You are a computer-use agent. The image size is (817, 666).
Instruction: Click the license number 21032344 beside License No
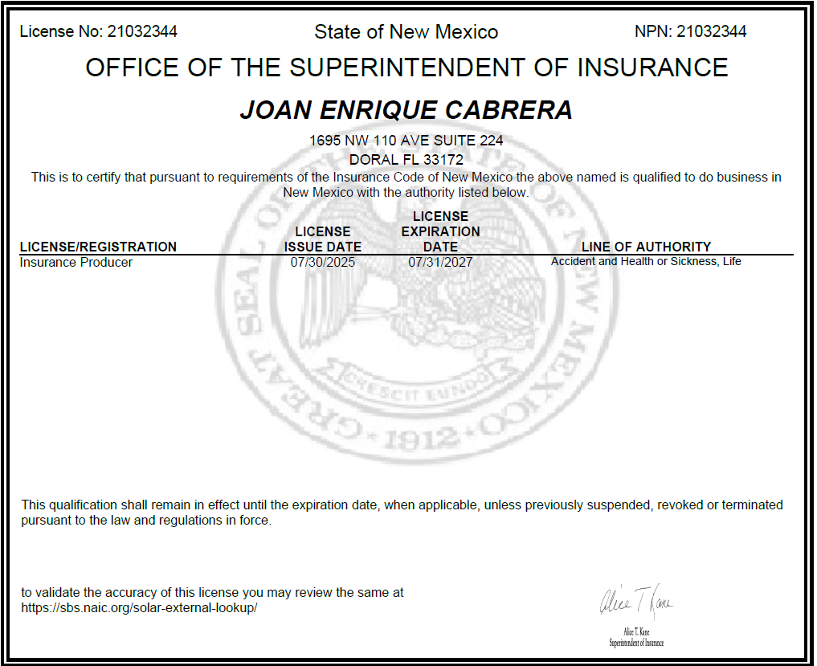pyautogui.click(x=142, y=32)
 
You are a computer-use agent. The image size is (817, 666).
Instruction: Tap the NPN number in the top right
pyautogui.click(x=711, y=32)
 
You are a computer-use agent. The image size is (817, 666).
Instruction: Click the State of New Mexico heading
pyautogui.click(x=406, y=32)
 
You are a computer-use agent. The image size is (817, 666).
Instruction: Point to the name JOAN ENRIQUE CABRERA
pyautogui.click(x=406, y=110)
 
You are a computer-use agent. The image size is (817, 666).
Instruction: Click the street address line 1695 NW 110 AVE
pyautogui.click(x=406, y=141)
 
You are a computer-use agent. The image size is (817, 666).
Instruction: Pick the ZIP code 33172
pyautogui.click(x=443, y=160)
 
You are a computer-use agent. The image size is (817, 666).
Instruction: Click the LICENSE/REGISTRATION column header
pyautogui.click(x=98, y=247)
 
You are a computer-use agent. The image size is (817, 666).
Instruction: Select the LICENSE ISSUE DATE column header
pyautogui.click(x=323, y=239)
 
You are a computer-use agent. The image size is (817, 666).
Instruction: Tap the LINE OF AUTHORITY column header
pyautogui.click(x=646, y=247)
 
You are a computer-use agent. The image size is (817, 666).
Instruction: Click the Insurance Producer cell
pyautogui.click(x=76, y=262)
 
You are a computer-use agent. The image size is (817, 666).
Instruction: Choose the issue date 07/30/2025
pyautogui.click(x=323, y=262)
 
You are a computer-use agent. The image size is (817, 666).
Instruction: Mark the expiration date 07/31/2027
pyautogui.click(x=440, y=262)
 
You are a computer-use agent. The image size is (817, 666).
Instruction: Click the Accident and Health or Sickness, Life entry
pyautogui.click(x=646, y=262)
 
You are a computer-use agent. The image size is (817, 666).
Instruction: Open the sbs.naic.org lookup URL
pyautogui.click(x=139, y=608)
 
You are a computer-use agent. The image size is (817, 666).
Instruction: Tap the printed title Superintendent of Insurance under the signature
pyautogui.click(x=636, y=643)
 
